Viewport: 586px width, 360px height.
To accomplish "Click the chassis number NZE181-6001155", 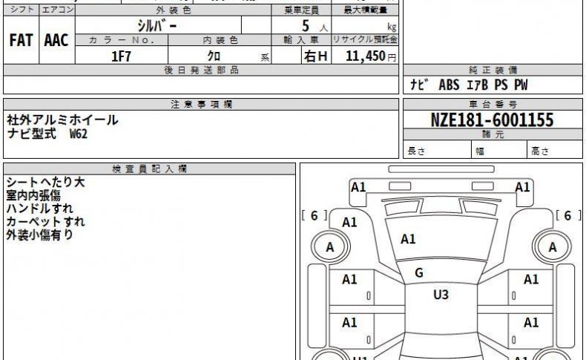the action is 492,120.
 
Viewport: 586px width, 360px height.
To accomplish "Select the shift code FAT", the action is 21,40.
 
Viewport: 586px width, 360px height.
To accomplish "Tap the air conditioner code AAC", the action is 56,40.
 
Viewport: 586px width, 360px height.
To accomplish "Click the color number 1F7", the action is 121,56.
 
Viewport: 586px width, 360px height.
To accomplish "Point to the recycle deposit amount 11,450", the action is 365,56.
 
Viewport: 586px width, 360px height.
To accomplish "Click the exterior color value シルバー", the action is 157,26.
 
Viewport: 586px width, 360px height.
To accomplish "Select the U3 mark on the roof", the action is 441,295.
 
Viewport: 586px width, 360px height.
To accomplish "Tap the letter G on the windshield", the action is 419,273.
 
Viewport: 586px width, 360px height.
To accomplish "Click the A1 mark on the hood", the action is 408,239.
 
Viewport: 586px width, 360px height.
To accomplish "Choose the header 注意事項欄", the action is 202,105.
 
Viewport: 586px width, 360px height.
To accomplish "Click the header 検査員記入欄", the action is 149,169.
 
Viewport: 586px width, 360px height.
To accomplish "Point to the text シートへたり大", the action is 45,182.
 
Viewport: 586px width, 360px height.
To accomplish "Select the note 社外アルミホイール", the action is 62,120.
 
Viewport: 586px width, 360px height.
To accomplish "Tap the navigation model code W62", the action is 79,134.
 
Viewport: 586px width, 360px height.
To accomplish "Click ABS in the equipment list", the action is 449,85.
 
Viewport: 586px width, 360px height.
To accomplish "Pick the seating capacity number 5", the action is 306,26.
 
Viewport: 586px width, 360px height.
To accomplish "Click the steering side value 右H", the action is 316,56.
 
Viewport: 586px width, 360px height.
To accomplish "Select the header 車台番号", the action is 493,105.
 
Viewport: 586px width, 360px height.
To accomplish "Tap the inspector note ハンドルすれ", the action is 39,209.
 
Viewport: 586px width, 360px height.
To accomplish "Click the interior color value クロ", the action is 214,56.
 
